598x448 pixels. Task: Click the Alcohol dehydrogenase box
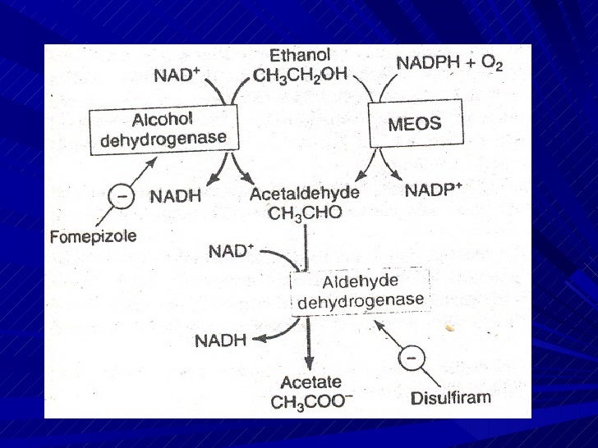(163, 127)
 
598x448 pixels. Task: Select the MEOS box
(414, 125)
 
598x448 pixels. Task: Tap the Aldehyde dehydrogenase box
(361, 292)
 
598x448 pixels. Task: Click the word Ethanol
(300, 56)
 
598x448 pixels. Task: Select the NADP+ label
(435, 191)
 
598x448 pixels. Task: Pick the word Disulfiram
(449, 398)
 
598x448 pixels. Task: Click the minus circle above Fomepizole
(122, 197)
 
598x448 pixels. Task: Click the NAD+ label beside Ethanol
(177, 76)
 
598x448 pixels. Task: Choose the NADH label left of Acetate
(221, 340)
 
